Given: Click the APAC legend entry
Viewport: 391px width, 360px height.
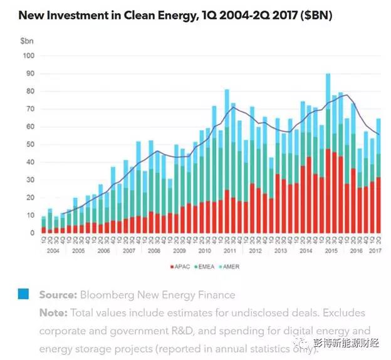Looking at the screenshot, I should click(180, 267).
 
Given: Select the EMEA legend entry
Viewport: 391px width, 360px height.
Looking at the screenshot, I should click(209, 267).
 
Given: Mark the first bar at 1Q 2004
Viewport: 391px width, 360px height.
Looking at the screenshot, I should click(43, 225).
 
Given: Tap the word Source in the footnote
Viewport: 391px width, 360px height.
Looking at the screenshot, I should click(58, 295).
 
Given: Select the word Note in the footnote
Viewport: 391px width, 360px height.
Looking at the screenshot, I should click(53, 312).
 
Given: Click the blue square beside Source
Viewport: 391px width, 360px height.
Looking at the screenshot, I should click(23, 294).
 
